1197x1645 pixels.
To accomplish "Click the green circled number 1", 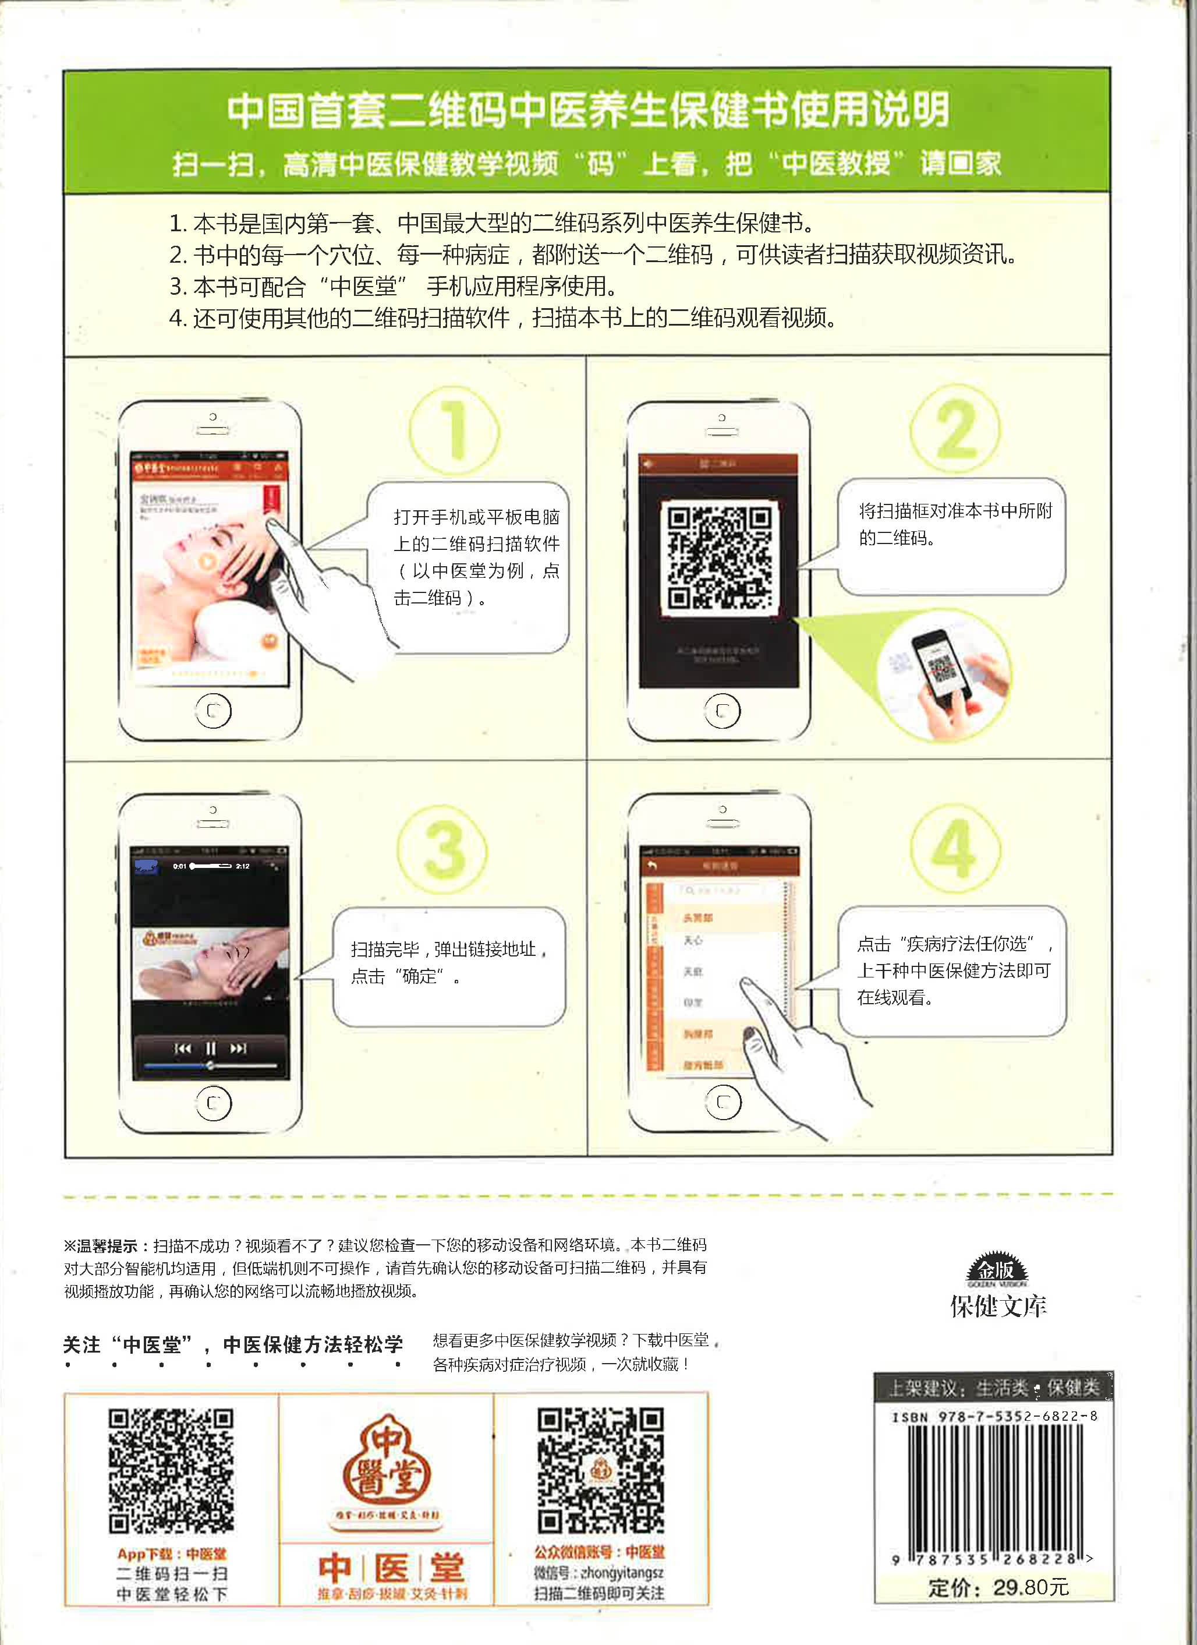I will coord(455,431).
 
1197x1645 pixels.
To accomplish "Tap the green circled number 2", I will coord(955,429).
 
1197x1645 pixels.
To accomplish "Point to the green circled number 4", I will coord(955,849).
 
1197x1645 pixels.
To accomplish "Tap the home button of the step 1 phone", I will coord(213,711).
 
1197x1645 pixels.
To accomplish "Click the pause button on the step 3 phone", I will coord(210,1048).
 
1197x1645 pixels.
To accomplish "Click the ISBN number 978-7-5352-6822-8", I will coord(995,1416).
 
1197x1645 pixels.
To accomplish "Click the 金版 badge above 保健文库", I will coord(997,1270).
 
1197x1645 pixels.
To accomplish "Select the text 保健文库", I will coord(998,1307).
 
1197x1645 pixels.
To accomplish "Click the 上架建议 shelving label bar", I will coord(993,1388).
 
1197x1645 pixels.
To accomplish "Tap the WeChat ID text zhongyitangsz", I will coord(621,1572).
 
